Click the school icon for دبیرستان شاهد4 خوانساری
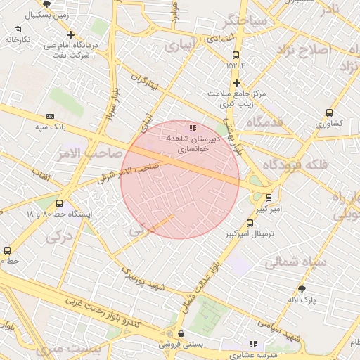tap(193, 129)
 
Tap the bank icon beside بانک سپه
tap(50, 116)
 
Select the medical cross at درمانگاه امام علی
tap(70, 34)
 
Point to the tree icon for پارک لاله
tap(302, 289)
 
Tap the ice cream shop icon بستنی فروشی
tap(181, 334)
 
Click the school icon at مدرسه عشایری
tap(254, 344)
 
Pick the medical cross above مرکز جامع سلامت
tap(237, 83)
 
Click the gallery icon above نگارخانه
tap(18, 30)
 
